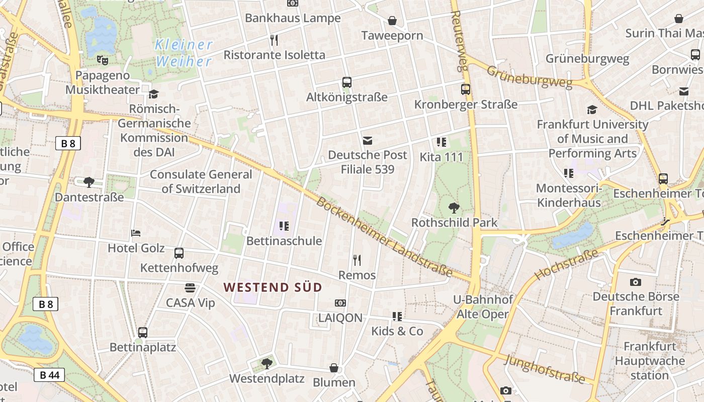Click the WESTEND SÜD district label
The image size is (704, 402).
273,287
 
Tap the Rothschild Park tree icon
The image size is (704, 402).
454,208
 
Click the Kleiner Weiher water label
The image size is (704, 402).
184,53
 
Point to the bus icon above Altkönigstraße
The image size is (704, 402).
346,82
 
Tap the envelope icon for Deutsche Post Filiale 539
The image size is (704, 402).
368,140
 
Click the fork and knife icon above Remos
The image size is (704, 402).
357,260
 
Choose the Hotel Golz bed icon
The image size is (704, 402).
136,233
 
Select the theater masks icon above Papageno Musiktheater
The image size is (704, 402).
103,60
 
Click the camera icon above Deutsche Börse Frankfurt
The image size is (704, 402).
636,282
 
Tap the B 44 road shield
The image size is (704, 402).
49,374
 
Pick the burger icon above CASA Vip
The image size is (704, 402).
190,288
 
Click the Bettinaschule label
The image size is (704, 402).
284,241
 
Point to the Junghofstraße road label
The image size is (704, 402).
545,368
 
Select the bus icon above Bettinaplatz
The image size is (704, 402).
143,332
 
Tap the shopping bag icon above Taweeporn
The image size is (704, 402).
392,21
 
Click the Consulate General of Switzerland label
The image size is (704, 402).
201,181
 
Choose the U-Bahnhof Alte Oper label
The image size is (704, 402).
483,307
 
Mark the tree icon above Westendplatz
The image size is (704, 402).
267,363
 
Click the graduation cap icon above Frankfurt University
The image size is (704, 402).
592,110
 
